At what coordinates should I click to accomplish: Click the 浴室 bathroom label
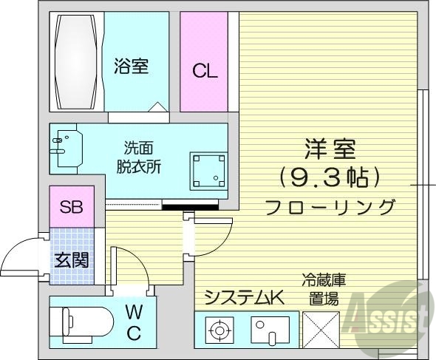click(x=132, y=67)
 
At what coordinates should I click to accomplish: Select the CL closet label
click(x=205, y=71)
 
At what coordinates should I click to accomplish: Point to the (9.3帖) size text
click(x=330, y=178)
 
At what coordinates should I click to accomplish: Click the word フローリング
click(x=330, y=206)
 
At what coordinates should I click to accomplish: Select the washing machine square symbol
click(x=208, y=169)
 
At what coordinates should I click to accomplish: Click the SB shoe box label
click(x=71, y=207)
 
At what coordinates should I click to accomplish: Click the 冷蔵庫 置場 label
click(x=324, y=289)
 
